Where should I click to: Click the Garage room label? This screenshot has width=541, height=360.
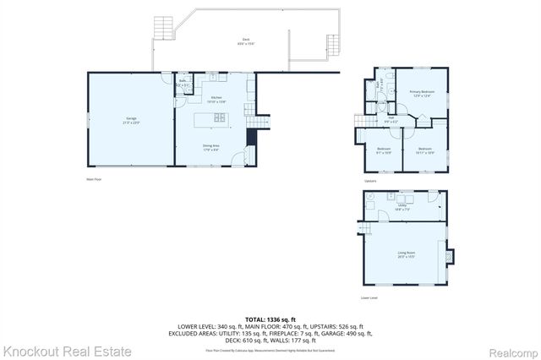click(131, 119)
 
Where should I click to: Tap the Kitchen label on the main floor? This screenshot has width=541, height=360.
click(216, 100)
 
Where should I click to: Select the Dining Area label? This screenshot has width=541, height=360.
click(210, 147)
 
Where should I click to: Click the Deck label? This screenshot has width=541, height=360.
click(246, 41)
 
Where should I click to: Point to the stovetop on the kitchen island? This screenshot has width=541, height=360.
click(219, 118)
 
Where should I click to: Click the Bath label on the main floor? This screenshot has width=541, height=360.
click(182, 83)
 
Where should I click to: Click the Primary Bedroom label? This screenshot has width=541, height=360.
click(422, 93)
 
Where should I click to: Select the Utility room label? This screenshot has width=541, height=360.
click(402, 206)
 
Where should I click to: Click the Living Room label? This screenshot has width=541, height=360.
click(405, 254)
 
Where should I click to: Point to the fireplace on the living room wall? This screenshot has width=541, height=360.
click(450, 255)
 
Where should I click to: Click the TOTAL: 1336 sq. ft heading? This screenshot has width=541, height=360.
click(270, 319)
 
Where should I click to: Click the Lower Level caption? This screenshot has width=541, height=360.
click(369, 297)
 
